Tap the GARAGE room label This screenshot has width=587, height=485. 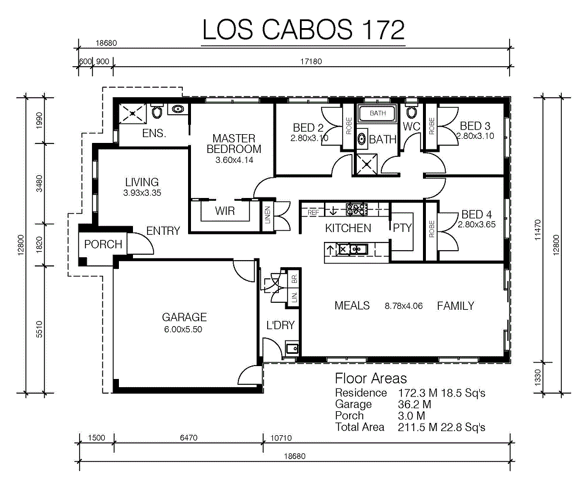184,317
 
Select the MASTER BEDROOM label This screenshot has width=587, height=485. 234,144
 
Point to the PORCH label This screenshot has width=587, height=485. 103,244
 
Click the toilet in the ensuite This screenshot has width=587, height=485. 157,111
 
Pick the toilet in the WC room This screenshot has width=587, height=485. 411,111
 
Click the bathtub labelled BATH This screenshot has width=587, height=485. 377,114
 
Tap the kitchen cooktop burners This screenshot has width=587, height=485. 356,209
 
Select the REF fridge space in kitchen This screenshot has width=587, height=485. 313,212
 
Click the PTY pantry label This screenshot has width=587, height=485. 402,227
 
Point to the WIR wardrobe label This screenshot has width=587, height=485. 224,211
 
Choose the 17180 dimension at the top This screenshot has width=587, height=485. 311,62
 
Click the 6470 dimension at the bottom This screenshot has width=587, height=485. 188,438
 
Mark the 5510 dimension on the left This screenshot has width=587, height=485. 39,329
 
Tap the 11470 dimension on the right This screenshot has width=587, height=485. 538,230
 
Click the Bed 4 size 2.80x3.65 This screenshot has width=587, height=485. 476,224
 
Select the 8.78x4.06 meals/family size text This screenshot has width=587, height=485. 404,306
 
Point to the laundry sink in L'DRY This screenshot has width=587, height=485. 292,349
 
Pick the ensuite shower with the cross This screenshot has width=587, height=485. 132,114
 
